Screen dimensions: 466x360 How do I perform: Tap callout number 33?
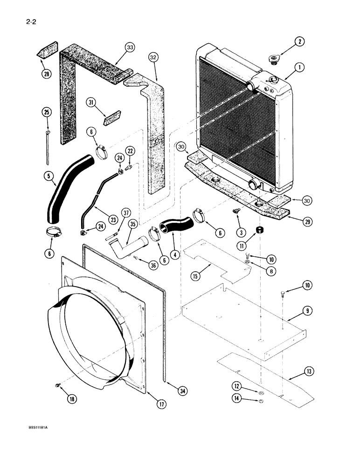[130, 47]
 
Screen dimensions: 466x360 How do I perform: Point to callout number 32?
[154, 58]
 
